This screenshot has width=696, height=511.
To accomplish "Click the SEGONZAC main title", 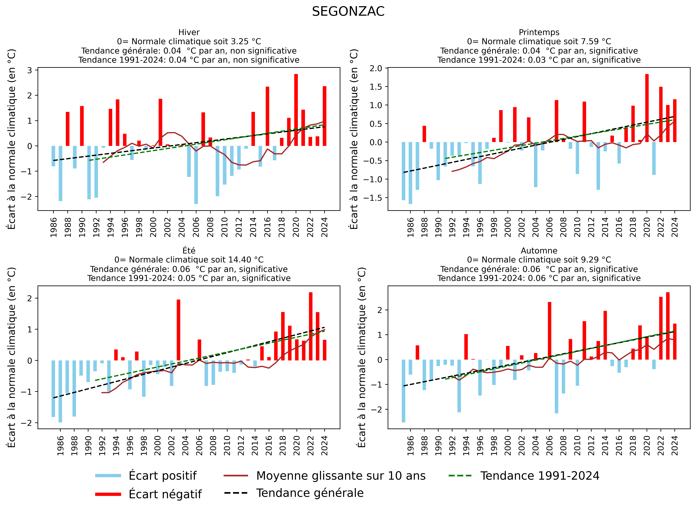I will click(x=348, y=12).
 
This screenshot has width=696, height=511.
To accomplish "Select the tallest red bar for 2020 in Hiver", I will click(x=296, y=110).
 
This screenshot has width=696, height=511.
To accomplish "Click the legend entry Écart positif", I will click(x=162, y=476).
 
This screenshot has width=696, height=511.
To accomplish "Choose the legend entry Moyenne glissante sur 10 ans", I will click(x=341, y=476).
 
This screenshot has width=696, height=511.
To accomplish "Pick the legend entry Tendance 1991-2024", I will click(x=540, y=476).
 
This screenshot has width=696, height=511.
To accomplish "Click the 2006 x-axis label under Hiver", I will click(x=196, y=227).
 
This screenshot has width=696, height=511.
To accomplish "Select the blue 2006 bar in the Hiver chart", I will click(x=196, y=175).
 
